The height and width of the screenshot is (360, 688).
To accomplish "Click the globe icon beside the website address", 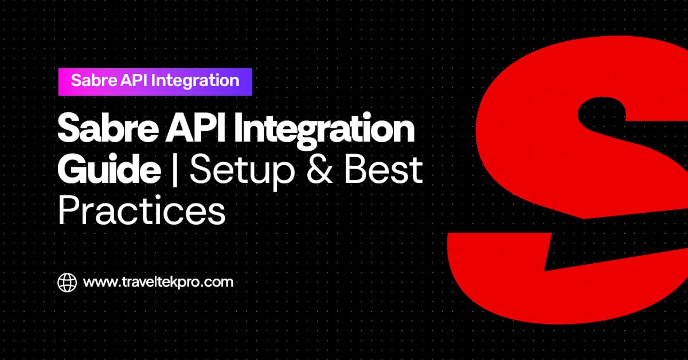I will pyautogui.click(x=67, y=282).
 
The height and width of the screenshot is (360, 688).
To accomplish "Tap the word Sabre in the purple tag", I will pyautogui.click(x=91, y=80).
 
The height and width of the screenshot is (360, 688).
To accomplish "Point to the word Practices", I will pyautogui.click(x=141, y=210).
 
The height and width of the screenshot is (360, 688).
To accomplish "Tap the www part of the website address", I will pyautogui.click(x=97, y=283).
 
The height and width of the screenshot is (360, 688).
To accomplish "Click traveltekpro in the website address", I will pyautogui.click(x=160, y=283).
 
